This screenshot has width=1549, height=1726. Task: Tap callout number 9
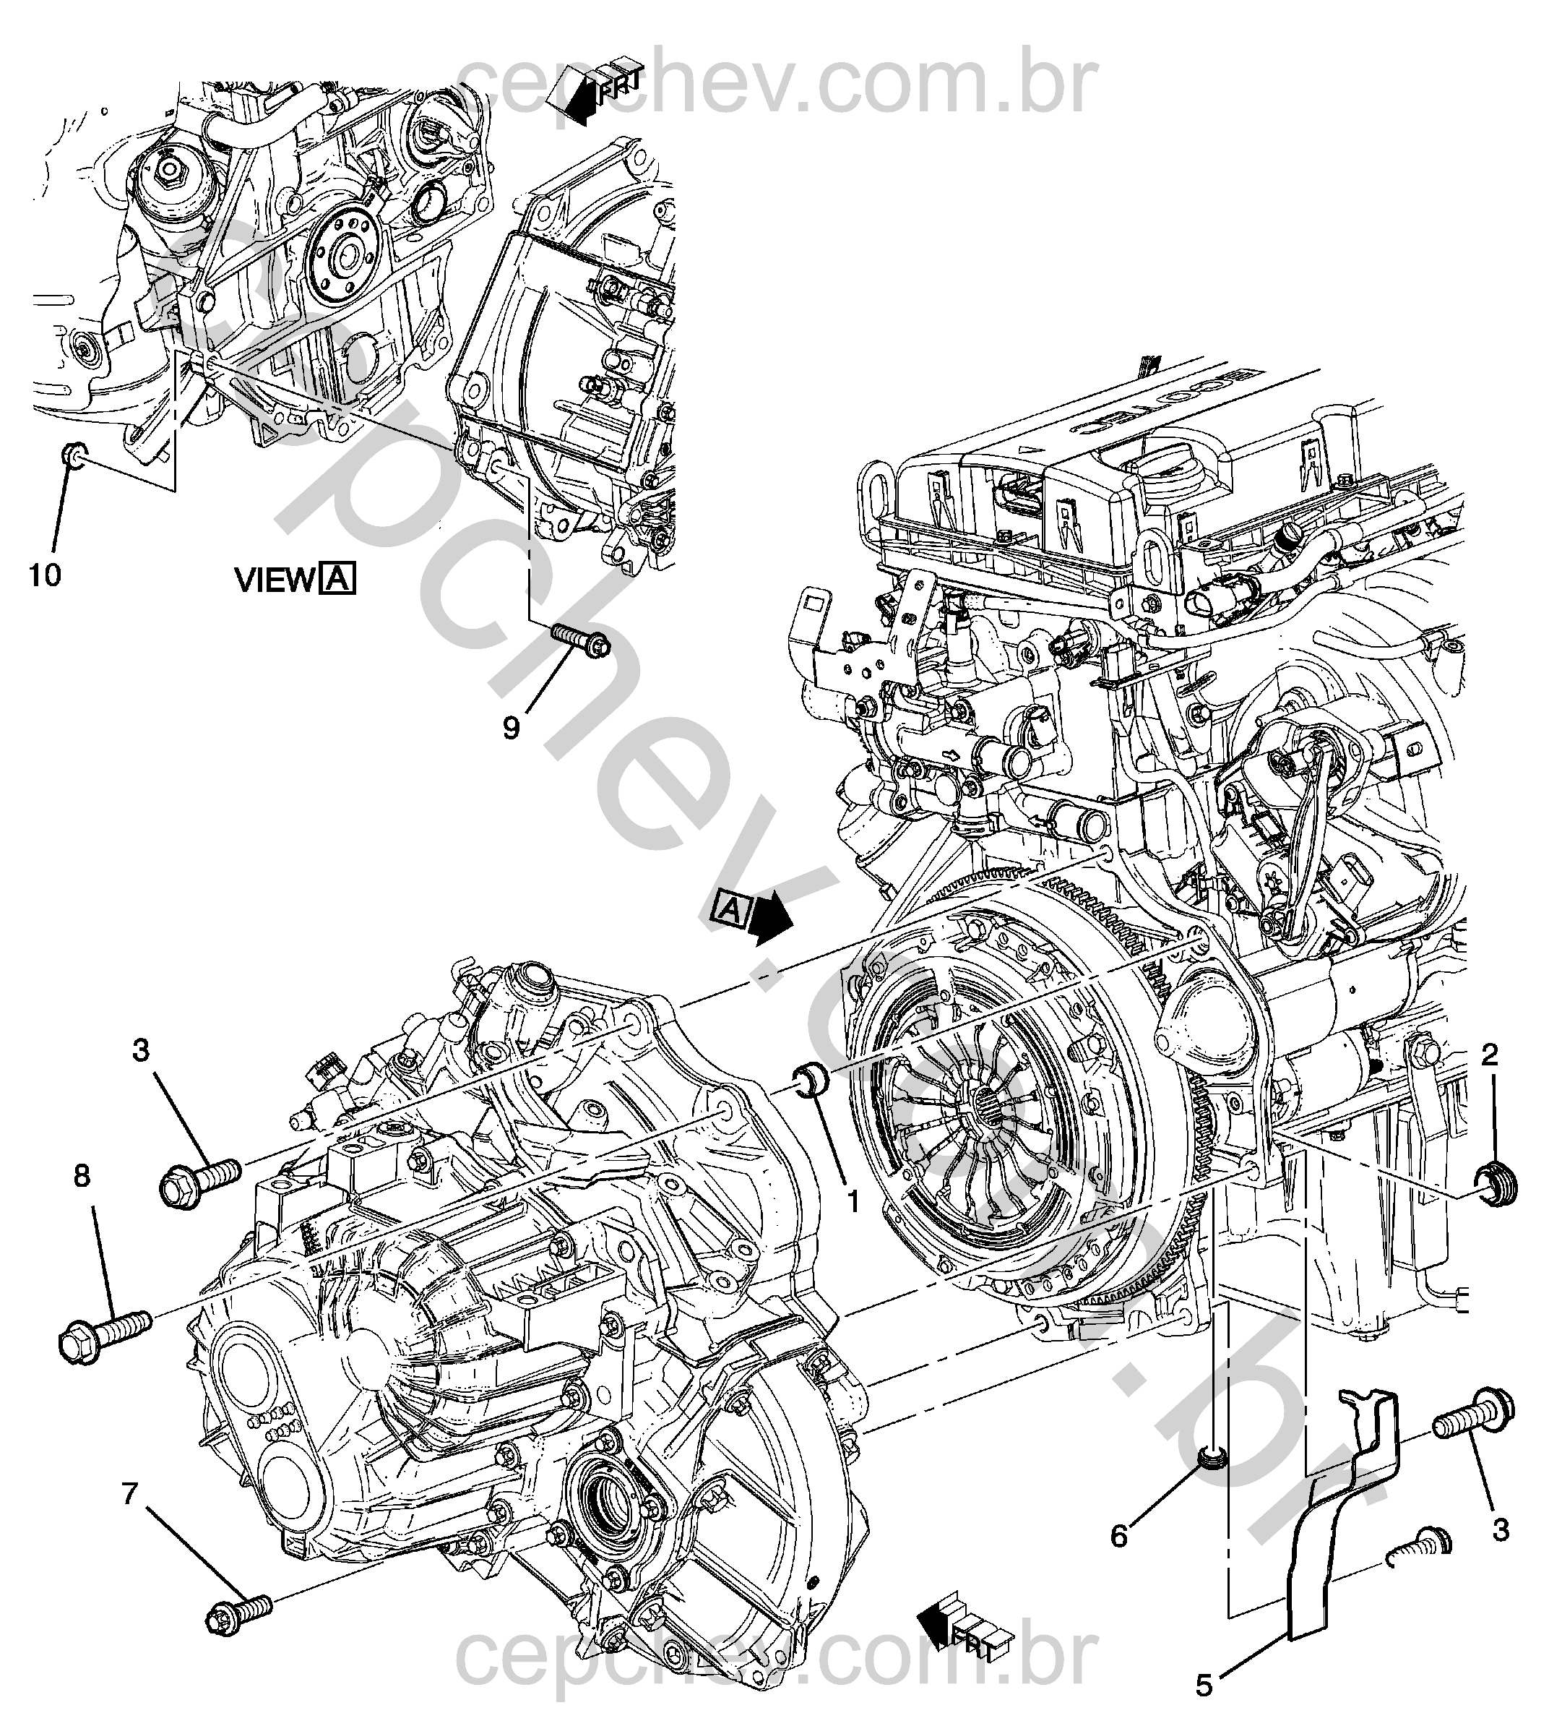pos(511,727)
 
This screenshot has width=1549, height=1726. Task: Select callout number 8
pos(81,1176)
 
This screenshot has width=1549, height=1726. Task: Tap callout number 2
pos(1490,1056)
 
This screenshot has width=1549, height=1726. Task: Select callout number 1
pos(853,1201)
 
